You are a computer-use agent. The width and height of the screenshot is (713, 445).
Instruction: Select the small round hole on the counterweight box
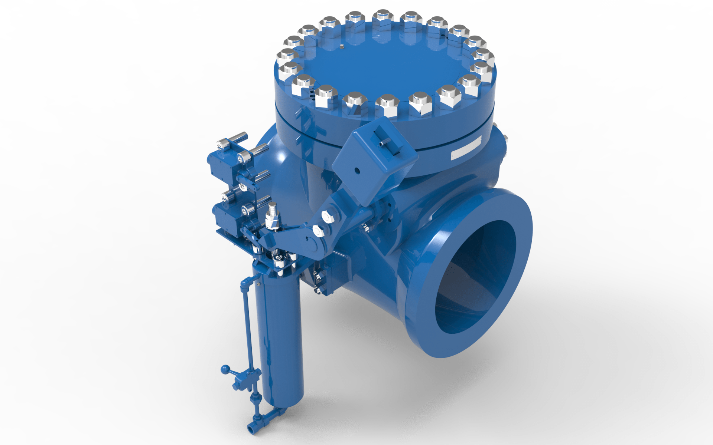357,171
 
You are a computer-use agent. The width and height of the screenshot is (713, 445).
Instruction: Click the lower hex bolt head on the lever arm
318,230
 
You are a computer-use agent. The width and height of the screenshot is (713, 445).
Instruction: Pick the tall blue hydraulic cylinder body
279,334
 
